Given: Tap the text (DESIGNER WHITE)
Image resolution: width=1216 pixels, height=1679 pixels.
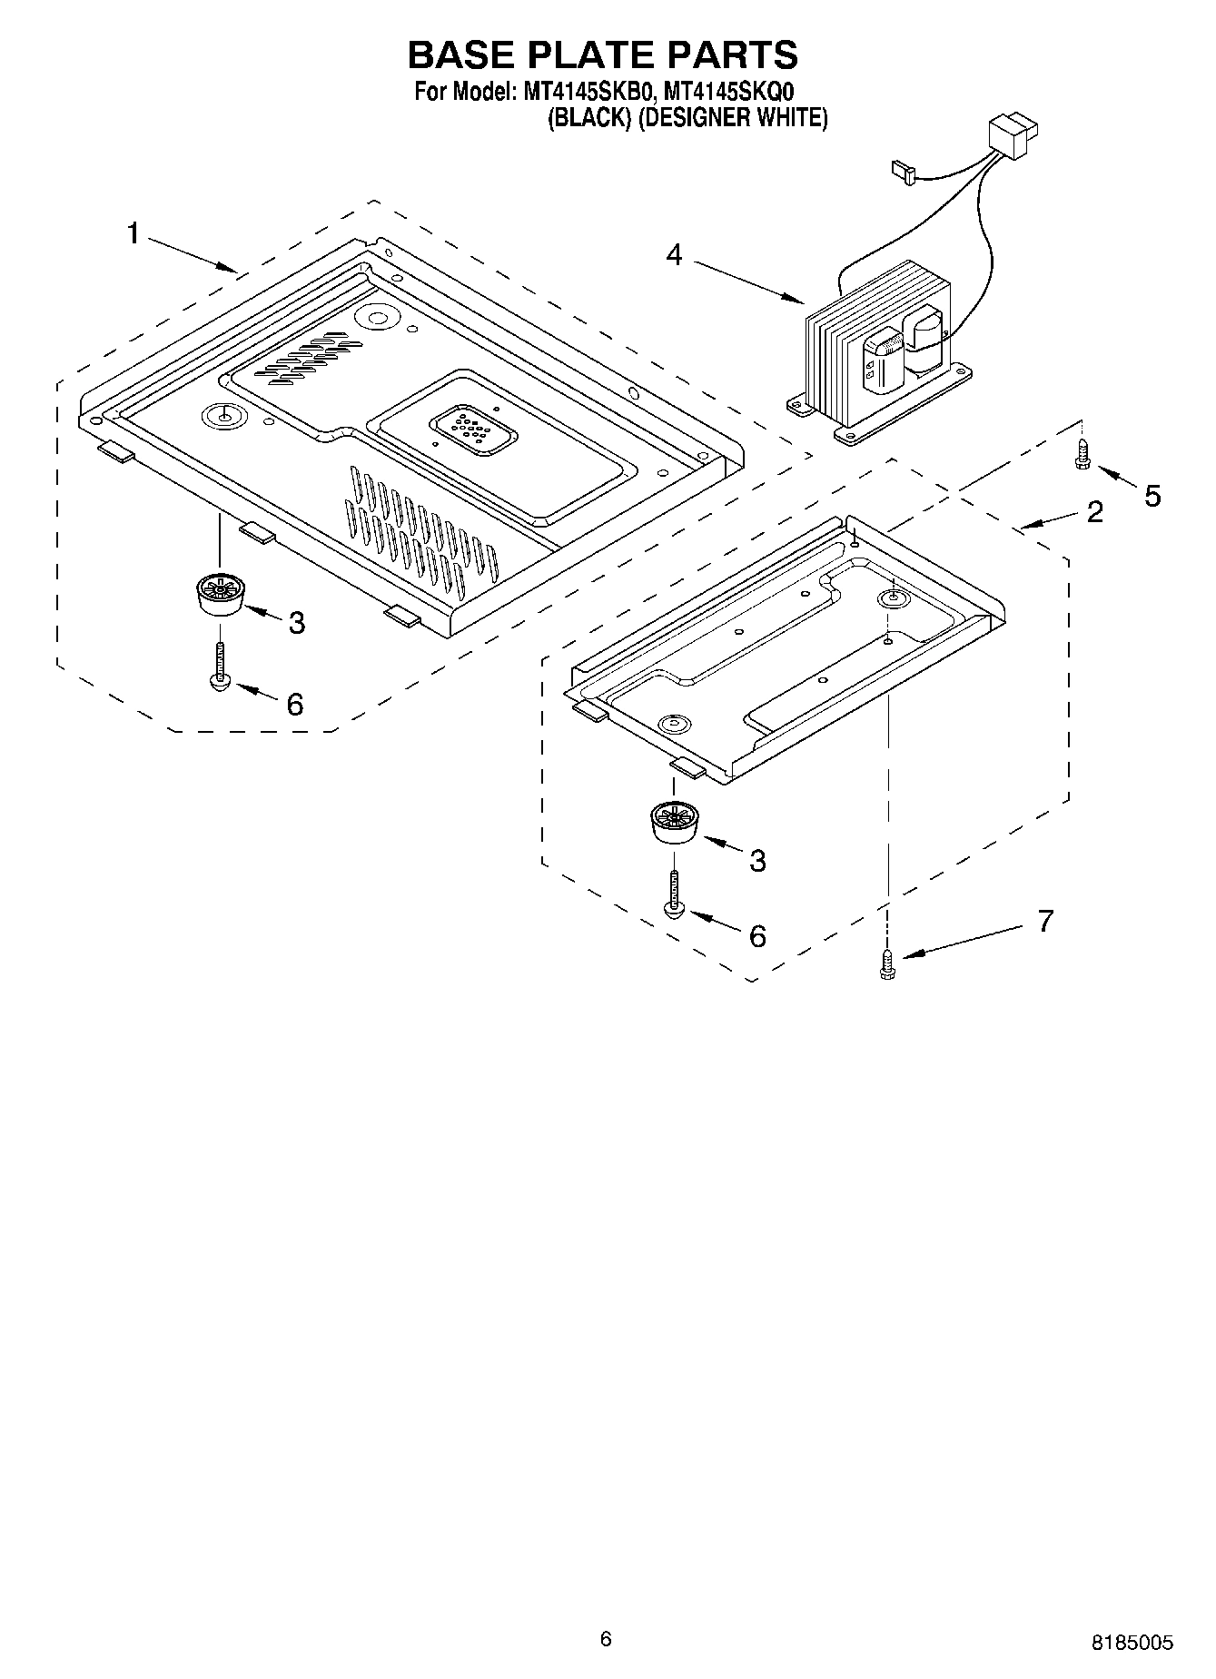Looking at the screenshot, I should pyautogui.click(x=732, y=118).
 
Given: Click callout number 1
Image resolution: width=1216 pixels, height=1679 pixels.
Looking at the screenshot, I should pyautogui.click(x=133, y=234).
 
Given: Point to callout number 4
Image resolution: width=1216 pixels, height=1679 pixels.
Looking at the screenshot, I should pyautogui.click(x=673, y=255).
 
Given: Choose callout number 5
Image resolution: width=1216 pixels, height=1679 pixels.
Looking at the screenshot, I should pyautogui.click(x=1152, y=496).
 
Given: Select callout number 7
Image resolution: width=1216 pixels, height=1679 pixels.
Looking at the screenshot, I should pyautogui.click(x=1045, y=921).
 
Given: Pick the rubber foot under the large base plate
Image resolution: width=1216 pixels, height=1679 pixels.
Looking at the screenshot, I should pyautogui.click(x=219, y=596).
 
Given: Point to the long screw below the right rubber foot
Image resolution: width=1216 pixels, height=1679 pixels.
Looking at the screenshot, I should pyautogui.click(x=674, y=895).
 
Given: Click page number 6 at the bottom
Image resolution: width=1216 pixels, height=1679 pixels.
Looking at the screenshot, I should pyautogui.click(x=606, y=1638).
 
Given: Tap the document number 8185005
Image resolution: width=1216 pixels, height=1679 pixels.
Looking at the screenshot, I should pyautogui.click(x=1132, y=1643).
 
